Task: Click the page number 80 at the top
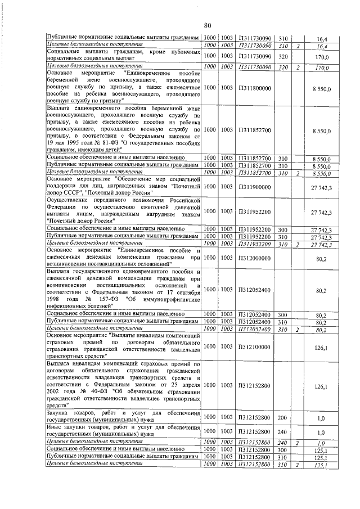click(x=207, y=25)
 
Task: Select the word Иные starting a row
click(x=55, y=428)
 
